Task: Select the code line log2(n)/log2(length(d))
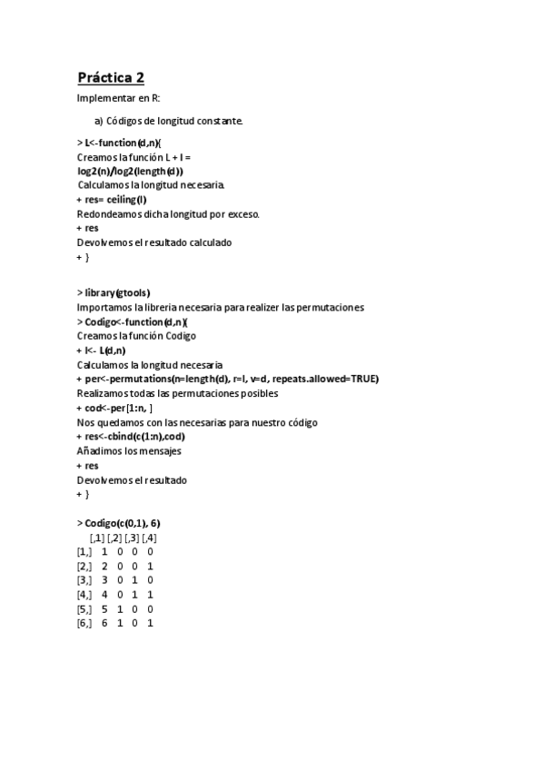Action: tap(130, 171)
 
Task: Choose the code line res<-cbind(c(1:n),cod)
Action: tap(136, 437)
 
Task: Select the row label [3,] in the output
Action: tap(84, 579)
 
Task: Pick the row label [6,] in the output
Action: tap(84, 624)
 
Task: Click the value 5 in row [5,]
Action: tap(104, 609)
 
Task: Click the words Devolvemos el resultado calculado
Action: tap(154, 243)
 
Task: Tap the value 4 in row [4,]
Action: tap(104, 595)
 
